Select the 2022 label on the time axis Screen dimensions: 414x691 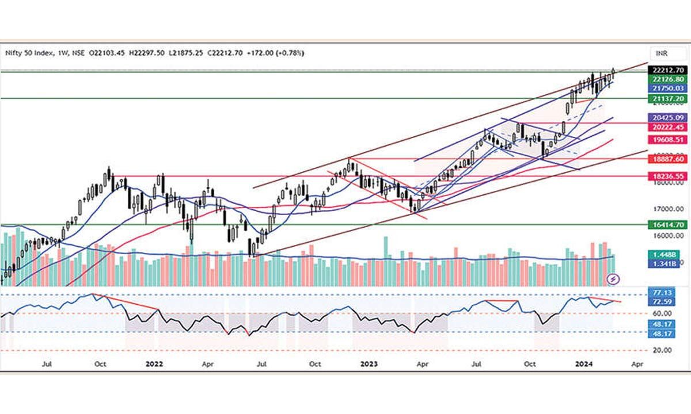click(154, 364)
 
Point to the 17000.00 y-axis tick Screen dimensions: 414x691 click(668, 209)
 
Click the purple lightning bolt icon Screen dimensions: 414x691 click(614, 279)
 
